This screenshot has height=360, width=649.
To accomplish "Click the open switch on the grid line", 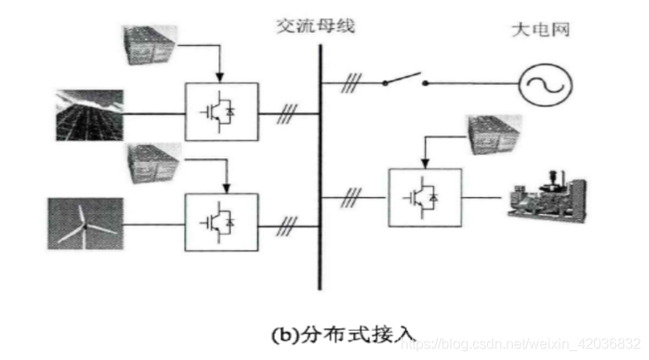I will tap(406, 82).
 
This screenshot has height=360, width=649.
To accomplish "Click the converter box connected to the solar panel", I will tap(221, 111).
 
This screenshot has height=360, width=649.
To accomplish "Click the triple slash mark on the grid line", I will tap(354, 85).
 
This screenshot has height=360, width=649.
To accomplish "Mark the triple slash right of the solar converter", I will tap(286, 113).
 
